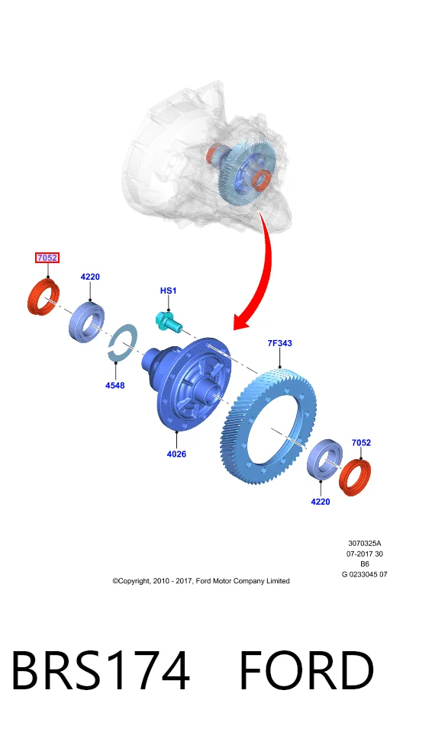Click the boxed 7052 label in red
click(47, 257)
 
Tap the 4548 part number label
click(115, 385)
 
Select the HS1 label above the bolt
click(169, 291)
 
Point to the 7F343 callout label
click(279, 343)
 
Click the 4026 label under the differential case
click(177, 454)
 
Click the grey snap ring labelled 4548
click(122, 343)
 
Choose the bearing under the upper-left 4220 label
click(88, 322)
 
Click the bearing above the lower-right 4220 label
click(324, 460)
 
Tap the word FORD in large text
click(307, 670)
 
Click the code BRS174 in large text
click(101, 670)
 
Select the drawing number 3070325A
click(365, 544)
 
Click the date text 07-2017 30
click(365, 554)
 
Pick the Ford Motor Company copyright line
click(201, 581)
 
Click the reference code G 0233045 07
click(365, 574)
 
